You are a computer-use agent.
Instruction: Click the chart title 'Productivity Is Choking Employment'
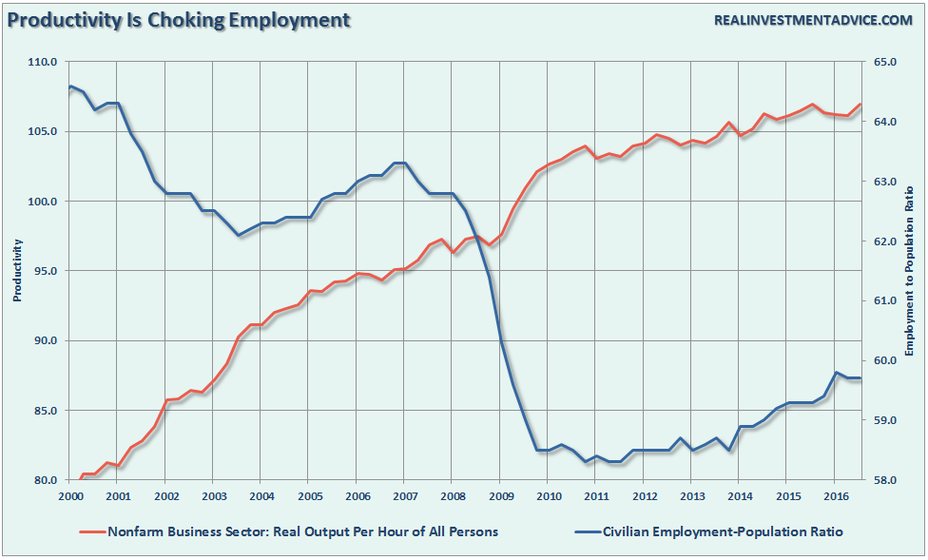[179, 19]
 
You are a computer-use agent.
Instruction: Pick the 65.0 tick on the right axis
[885, 63]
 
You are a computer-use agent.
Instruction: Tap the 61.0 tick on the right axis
[885, 301]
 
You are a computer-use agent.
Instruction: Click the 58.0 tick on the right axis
[885, 480]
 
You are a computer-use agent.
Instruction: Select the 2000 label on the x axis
[70, 496]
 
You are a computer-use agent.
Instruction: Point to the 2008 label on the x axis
[453, 496]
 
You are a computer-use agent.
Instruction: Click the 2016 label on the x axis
[835, 496]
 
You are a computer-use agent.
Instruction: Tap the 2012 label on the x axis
[644, 496]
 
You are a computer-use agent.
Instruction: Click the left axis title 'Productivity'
[17, 271]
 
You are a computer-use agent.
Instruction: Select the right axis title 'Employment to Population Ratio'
[910, 271]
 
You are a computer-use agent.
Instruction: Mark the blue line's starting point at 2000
[70, 87]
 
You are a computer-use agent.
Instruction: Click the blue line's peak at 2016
[836, 373]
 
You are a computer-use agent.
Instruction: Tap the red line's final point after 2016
[860, 105]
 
